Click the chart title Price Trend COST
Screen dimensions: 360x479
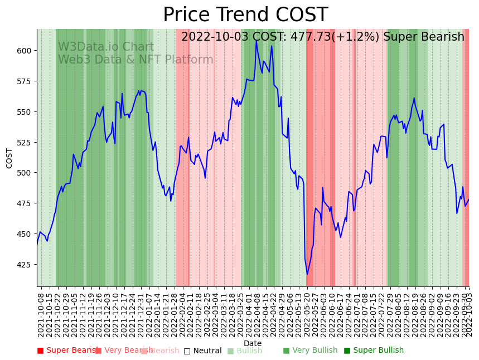(x=245, y=15)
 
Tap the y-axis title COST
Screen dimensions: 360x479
(x=9, y=158)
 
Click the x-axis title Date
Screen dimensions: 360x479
(x=252, y=343)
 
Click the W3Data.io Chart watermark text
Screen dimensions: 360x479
(x=106, y=47)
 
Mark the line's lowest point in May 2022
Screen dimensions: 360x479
(x=307, y=274)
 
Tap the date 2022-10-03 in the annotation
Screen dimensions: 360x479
(x=215, y=37)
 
